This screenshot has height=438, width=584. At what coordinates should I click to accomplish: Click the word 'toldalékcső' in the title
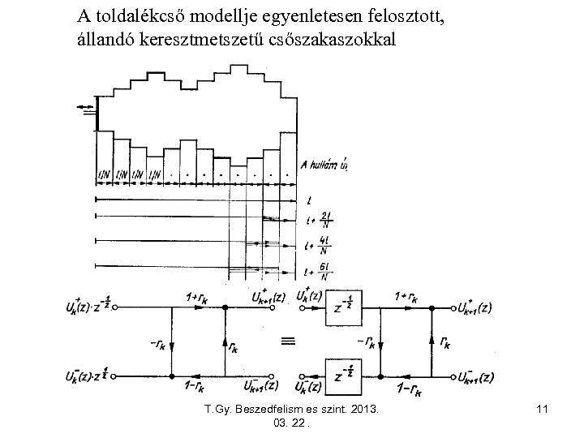coord(142,15)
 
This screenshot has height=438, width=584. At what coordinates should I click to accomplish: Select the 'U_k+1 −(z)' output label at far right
coord(475,378)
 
